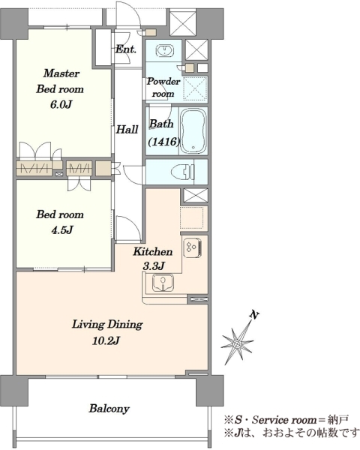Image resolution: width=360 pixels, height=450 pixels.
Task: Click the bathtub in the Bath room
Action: tap(193, 130)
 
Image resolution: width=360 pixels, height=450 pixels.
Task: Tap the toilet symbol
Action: tap(183, 172)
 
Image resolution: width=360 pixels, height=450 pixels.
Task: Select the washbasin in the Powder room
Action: tap(165, 51)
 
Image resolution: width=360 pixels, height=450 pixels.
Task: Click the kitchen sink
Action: tap(163, 283)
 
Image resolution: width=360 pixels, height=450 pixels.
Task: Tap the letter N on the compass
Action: tap(253, 315)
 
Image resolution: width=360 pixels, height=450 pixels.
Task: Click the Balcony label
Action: tap(109, 409)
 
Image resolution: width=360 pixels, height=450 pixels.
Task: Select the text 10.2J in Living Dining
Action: tap(106, 340)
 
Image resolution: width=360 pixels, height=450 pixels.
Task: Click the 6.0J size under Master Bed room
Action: tap(61, 104)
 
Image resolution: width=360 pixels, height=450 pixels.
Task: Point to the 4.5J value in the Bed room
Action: tap(62, 230)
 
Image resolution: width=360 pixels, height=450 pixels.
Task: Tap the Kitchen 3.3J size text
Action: tap(154, 266)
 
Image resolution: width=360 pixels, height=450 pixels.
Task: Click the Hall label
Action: tap(127, 130)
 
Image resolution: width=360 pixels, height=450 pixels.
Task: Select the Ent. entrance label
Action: tap(126, 49)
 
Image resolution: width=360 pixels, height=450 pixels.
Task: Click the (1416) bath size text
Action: tap(164, 141)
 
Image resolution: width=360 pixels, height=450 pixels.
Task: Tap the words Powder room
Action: tap(163, 87)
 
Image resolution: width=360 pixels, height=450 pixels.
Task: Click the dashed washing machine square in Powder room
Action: tap(195, 88)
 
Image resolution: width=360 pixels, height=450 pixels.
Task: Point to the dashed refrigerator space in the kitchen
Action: tap(192, 217)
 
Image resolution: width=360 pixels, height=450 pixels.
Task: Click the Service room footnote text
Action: tap(286, 420)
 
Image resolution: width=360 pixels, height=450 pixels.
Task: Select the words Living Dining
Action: tap(107, 324)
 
